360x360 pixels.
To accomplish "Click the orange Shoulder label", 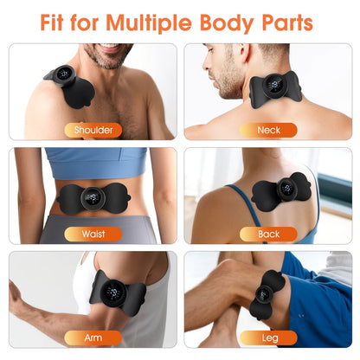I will coord(93,130).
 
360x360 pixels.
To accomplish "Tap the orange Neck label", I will coord(268,130).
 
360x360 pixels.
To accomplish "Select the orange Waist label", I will coord(93,234).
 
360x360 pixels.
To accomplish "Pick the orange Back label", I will coord(268,234).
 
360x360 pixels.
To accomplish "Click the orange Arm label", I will coord(93,337).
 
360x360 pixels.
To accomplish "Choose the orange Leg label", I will coord(268,337).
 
